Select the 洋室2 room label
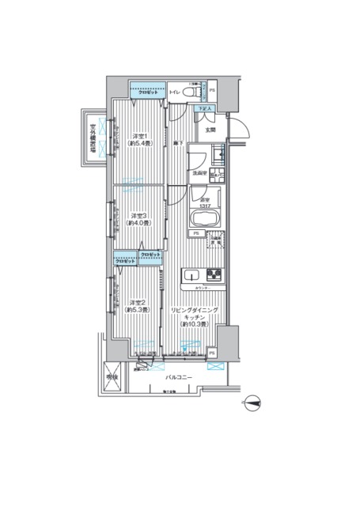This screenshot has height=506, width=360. pos(138,302)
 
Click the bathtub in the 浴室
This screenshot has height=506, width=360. pos(204,218)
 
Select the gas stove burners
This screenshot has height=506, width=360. pos(214,275)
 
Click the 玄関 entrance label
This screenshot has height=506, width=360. pos(210,129)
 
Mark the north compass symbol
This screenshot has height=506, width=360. pos(252,403)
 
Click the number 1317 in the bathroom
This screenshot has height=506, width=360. pos(204,205)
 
